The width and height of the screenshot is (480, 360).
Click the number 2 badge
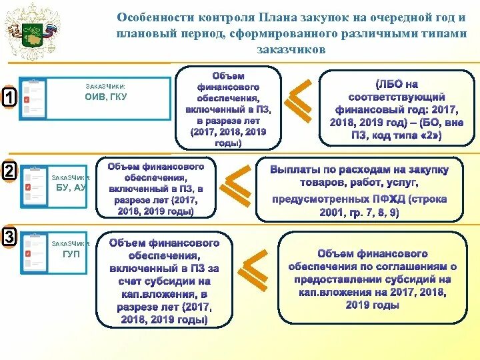(9, 171)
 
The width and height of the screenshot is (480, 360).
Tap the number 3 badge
(9, 237)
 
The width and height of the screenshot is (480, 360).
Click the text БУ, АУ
(71, 188)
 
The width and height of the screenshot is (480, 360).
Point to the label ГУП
(72, 254)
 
